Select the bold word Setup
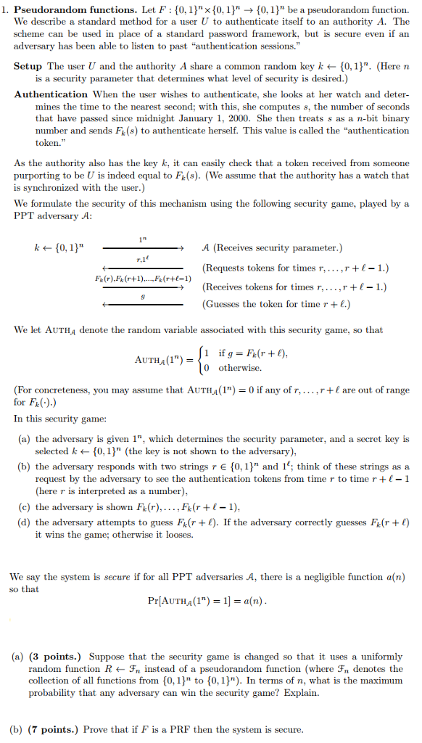tap(28, 65)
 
